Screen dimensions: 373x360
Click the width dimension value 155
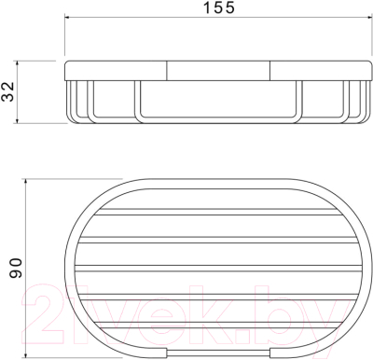coord(219,7)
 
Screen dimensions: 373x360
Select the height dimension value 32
coord(8,91)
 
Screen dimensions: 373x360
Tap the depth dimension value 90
coord(16,268)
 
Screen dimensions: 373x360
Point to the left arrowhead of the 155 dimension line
coord(67,17)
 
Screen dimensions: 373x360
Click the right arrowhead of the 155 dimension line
coord(369,17)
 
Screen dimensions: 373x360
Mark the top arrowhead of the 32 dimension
coord(18,63)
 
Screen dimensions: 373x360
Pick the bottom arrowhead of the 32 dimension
coord(18,120)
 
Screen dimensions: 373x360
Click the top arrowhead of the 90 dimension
coord(26,182)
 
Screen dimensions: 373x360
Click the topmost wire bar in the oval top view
coord(218,212)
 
